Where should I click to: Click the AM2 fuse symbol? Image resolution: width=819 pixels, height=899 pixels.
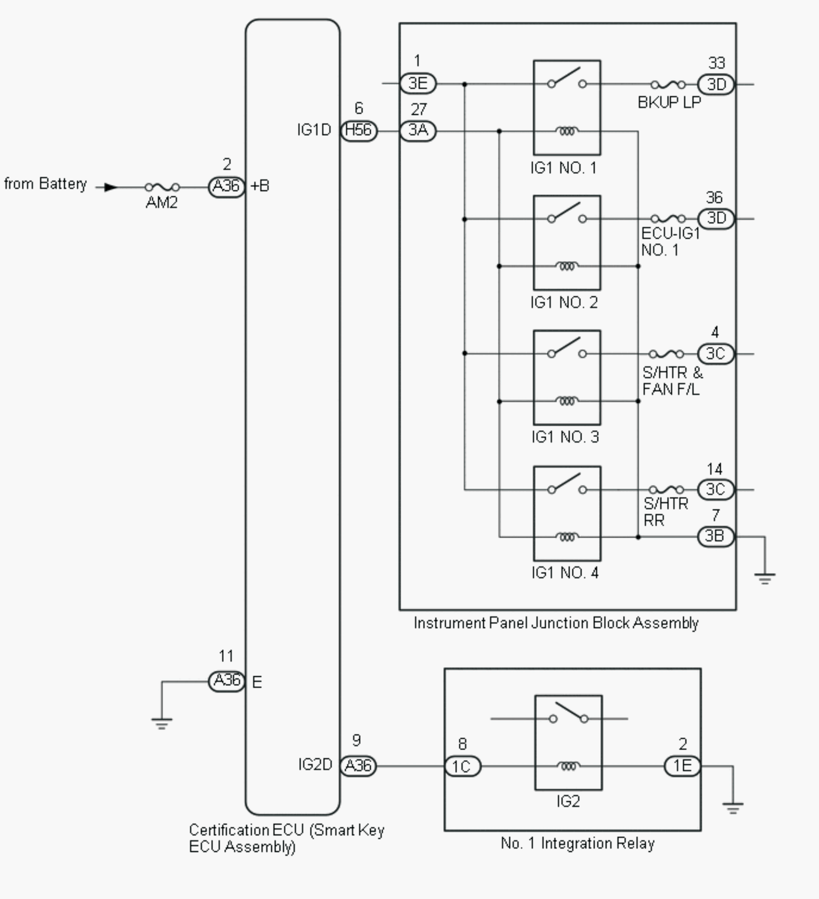click(x=162, y=187)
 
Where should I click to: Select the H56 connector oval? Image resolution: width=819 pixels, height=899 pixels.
click(x=358, y=131)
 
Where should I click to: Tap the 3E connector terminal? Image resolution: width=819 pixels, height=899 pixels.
click(x=418, y=83)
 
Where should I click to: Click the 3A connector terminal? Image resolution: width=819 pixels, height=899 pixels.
click(x=418, y=131)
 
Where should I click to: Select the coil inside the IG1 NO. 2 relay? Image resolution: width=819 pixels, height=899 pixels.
click(x=567, y=266)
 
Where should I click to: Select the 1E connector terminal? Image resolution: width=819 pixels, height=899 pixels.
click(x=682, y=766)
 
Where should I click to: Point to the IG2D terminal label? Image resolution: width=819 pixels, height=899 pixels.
click(x=315, y=765)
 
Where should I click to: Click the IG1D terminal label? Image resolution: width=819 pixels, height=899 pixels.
click(x=314, y=130)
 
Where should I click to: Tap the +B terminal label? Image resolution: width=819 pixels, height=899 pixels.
click(x=260, y=186)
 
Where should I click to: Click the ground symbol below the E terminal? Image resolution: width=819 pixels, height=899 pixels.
click(x=161, y=723)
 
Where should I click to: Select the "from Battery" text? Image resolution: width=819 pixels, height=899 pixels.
click(x=45, y=184)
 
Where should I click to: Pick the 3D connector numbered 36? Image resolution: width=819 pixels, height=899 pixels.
click(x=716, y=218)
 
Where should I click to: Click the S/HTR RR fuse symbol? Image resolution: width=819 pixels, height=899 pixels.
click(x=666, y=490)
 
